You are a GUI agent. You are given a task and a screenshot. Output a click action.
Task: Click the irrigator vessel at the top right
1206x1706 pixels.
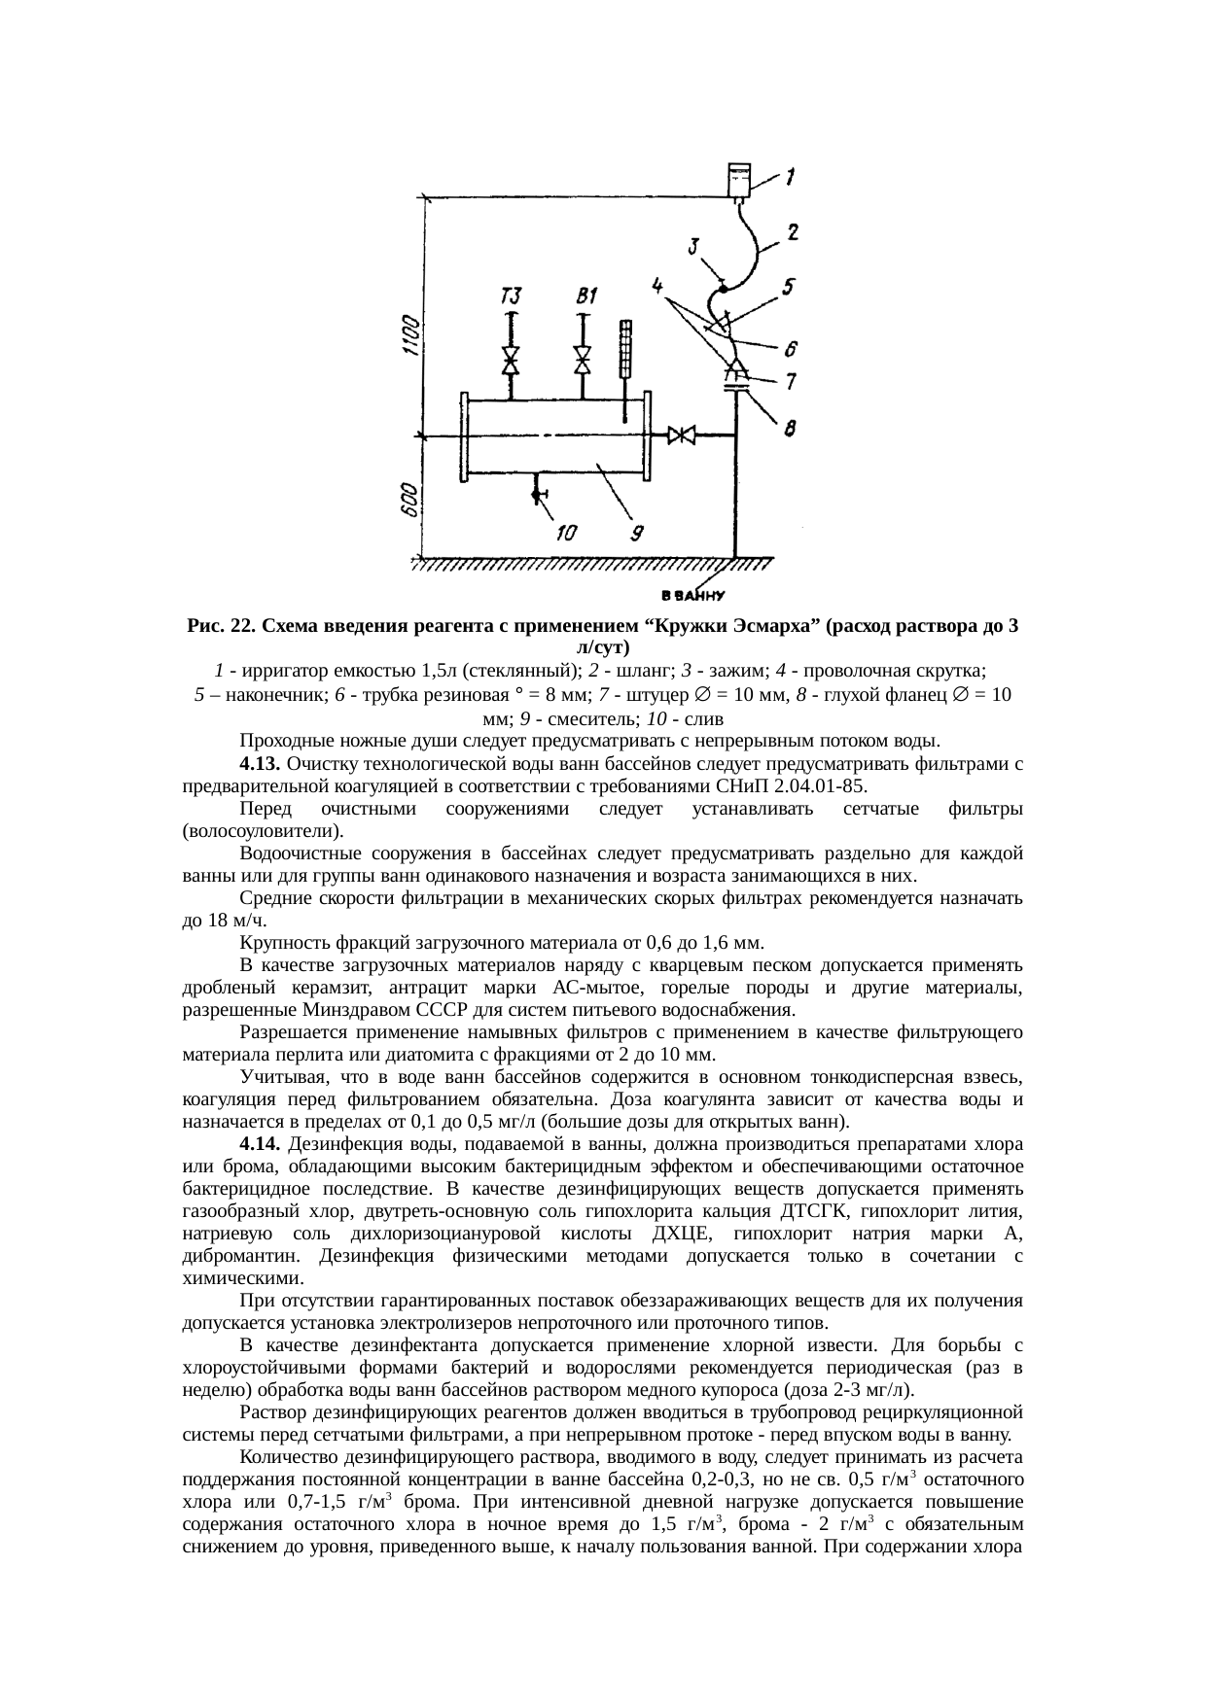pyautogui.click(x=741, y=180)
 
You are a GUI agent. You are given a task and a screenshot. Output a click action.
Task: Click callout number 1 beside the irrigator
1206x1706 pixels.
pyautogui.click(x=792, y=177)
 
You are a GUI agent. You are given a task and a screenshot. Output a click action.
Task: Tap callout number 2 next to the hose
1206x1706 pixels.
pyautogui.click(x=793, y=232)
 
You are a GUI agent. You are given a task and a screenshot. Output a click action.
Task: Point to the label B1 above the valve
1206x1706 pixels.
pyautogui.click(x=586, y=294)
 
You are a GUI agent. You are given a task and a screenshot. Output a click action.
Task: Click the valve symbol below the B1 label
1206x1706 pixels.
pyautogui.click(x=583, y=360)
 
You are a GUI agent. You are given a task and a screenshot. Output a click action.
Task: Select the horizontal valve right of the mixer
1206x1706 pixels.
pyautogui.click(x=682, y=436)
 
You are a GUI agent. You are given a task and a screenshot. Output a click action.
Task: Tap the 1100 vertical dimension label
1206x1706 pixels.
pyautogui.click(x=412, y=337)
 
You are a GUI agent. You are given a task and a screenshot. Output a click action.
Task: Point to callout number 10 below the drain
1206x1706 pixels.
pyautogui.click(x=566, y=533)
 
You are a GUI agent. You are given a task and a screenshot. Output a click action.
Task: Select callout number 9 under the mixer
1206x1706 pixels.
pyautogui.click(x=638, y=533)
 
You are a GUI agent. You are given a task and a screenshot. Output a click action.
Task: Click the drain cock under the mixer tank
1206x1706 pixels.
pyautogui.click(x=537, y=495)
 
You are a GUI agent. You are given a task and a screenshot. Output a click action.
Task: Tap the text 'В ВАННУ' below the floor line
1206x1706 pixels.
pyautogui.click(x=692, y=595)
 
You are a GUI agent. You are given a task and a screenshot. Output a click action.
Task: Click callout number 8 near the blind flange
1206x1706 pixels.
pyautogui.click(x=792, y=425)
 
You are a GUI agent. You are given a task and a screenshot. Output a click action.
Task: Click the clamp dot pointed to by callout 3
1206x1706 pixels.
pyautogui.click(x=722, y=285)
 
